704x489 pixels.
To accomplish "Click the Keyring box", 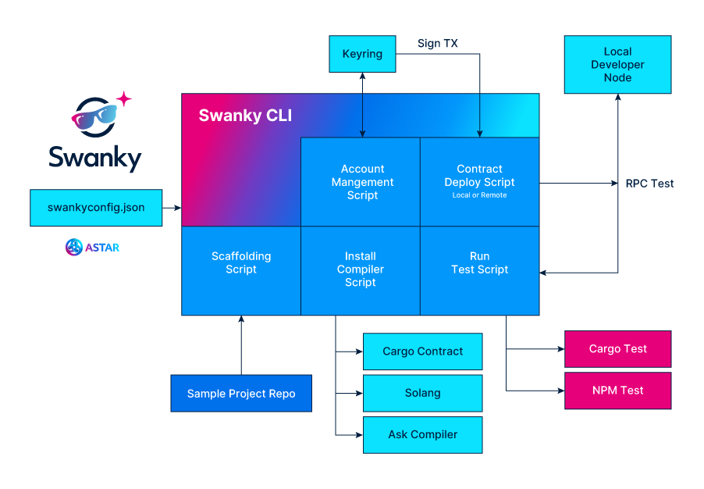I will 362,54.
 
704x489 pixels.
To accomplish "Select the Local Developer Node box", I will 617,65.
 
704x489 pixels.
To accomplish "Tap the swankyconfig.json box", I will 96,208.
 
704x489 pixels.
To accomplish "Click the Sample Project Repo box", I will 241,394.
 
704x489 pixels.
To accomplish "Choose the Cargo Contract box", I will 422,352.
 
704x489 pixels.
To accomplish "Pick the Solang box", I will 422,393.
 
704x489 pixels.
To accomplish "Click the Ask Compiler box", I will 422,435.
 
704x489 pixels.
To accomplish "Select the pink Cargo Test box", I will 617,349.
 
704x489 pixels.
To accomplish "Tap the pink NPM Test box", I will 617,391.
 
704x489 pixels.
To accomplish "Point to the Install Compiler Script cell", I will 361,270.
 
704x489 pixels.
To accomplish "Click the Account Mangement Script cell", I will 362,182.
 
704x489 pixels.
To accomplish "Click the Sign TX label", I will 437,44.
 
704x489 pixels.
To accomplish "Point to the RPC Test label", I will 649,184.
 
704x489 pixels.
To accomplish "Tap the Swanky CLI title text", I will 245,116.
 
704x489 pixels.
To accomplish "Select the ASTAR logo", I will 92,248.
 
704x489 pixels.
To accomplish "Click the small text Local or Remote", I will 479,195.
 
